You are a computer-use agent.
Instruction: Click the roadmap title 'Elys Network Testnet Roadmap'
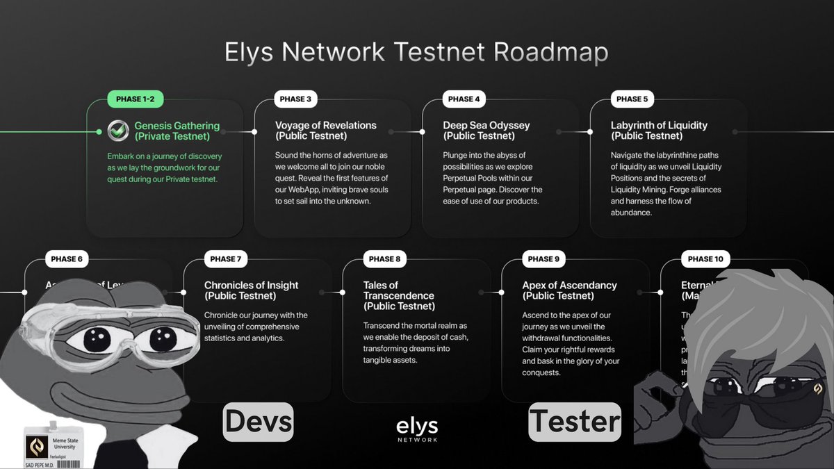(x=416, y=54)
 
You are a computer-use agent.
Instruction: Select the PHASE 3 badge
(x=295, y=99)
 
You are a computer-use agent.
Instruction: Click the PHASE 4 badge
(x=464, y=99)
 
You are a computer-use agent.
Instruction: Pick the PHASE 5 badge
(x=631, y=99)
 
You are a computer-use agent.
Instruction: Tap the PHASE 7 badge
(x=224, y=259)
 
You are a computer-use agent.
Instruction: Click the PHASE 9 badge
(x=543, y=259)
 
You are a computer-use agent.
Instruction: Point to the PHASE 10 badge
(x=705, y=259)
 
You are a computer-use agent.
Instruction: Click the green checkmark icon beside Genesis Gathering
(x=117, y=130)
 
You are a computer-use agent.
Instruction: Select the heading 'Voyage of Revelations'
(x=326, y=126)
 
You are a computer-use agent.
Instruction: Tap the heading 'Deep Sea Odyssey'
(x=486, y=126)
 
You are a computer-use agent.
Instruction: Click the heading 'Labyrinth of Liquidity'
(x=659, y=126)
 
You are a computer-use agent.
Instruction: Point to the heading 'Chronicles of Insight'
(x=252, y=285)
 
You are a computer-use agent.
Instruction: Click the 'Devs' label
(x=258, y=421)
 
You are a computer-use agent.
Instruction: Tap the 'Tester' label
(x=574, y=421)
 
